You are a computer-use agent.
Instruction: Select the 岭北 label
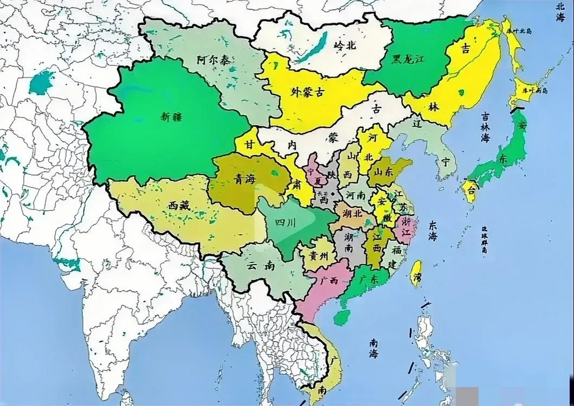(x=344, y=46)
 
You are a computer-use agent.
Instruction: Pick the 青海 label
(x=244, y=180)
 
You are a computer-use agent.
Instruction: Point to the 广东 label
(x=369, y=279)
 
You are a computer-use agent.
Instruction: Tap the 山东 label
(x=383, y=172)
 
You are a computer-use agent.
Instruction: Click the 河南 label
(x=356, y=196)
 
